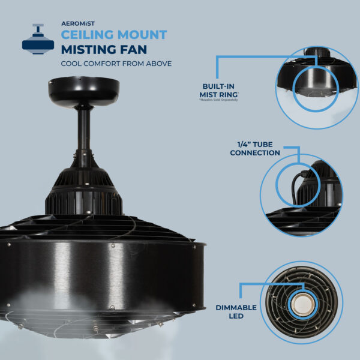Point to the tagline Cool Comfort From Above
click(116, 63)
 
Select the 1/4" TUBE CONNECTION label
click(254, 148)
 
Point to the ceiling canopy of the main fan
click(83, 91)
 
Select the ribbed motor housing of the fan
click(84, 186)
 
